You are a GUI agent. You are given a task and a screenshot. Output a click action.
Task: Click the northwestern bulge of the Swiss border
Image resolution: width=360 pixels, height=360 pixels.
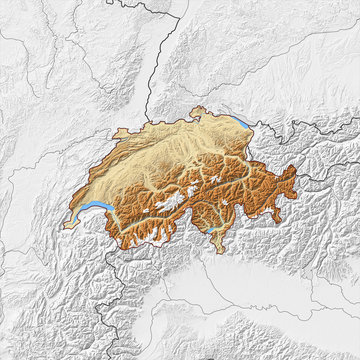click(x=118, y=133)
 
